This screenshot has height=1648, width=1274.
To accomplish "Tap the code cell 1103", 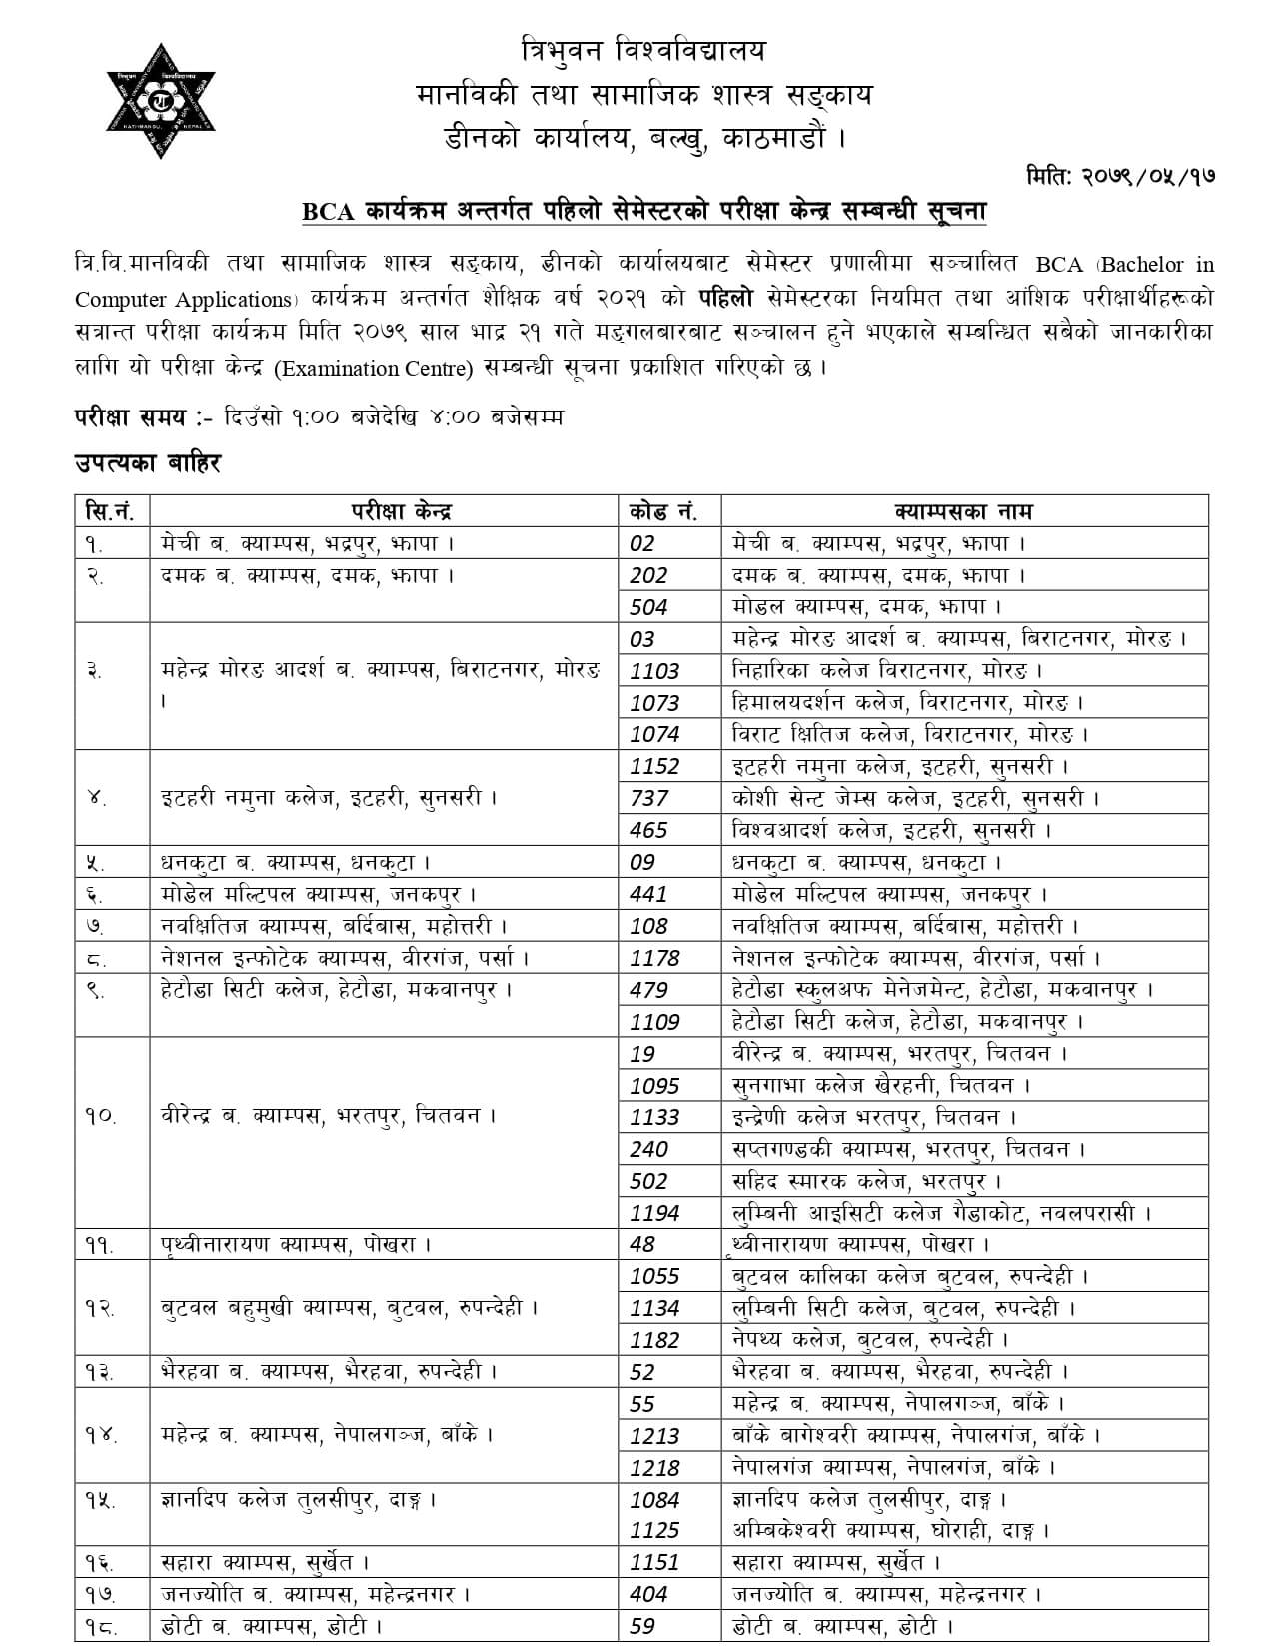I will coord(654,671).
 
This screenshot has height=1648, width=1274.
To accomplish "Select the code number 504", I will coord(648,607).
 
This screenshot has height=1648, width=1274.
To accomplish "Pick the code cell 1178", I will coord(654,958).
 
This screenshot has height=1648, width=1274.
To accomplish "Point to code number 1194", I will coord(654,1214).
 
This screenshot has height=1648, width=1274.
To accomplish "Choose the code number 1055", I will coord(654,1276).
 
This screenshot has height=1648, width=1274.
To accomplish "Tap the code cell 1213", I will coord(654,1436).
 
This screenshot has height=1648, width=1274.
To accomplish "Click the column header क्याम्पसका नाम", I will coord(963,511).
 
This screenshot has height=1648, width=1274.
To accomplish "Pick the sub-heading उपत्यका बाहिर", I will coord(147,464).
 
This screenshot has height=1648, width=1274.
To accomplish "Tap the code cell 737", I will coord(648,799).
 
